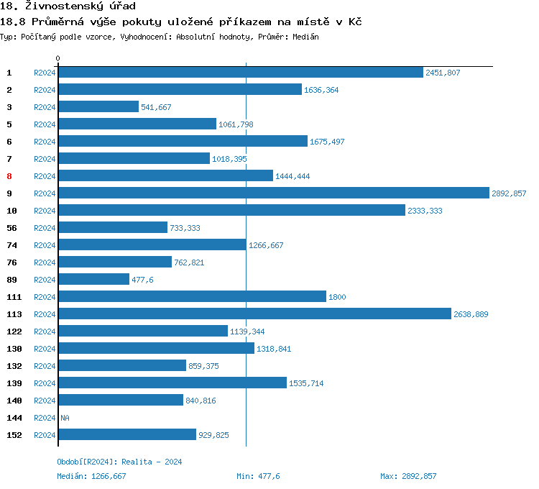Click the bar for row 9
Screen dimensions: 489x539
pyautogui.click(x=273, y=193)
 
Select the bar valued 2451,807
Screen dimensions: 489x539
pyautogui.click(x=240, y=73)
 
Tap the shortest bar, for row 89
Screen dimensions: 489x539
pyautogui.click(x=93, y=280)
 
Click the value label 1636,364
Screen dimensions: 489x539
pyautogui.click(x=321, y=90)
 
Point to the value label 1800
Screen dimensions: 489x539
pyautogui.click(x=337, y=297)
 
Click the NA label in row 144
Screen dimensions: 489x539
pyautogui.click(x=65, y=418)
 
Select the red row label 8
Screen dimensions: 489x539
pyautogui.click(x=9, y=176)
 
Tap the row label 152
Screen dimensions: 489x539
pyautogui.click(x=14, y=435)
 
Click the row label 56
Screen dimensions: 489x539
pyautogui.click(x=11, y=228)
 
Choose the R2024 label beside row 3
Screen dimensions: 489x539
pyautogui.click(x=45, y=107)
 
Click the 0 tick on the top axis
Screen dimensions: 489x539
pyautogui.click(x=58, y=58)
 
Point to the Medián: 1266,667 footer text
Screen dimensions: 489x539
pyautogui.click(x=91, y=476)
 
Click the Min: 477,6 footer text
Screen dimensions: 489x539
pyautogui.click(x=258, y=476)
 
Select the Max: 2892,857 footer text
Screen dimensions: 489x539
pyautogui.click(x=408, y=476)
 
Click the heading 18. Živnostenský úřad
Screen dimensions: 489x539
pyautogui.click(x=68, y=6)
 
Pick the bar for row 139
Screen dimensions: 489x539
pyautogui.click(x=172, y=383)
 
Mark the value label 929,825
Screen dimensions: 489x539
pyautogui.click(x=213, y=435)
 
